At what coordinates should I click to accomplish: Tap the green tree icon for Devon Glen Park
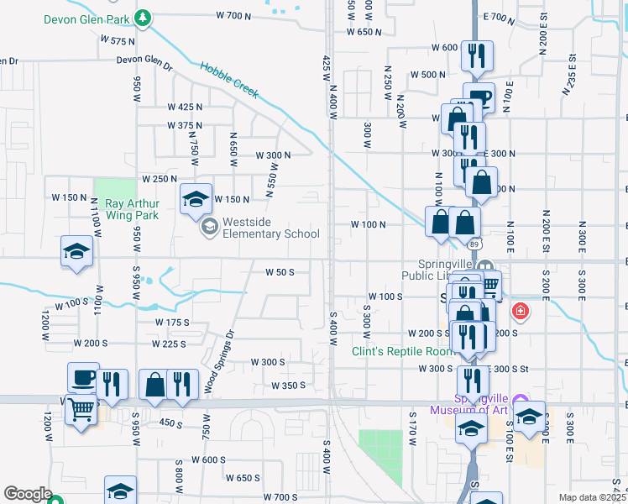pos(144,16)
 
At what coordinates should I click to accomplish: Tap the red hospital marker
pos(521,312)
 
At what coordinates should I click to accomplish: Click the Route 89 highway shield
pos(475,243)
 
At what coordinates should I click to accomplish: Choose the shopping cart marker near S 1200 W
pos(81,411)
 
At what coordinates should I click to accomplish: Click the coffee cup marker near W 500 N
pos(479,97)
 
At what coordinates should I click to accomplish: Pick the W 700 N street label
pos(233,15)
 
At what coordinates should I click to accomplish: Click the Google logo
pos(28,494)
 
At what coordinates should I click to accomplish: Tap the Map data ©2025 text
pos(593,497)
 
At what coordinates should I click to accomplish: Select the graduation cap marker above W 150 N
pos(196,199)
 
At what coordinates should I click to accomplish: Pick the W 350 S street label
pos(289,386)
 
